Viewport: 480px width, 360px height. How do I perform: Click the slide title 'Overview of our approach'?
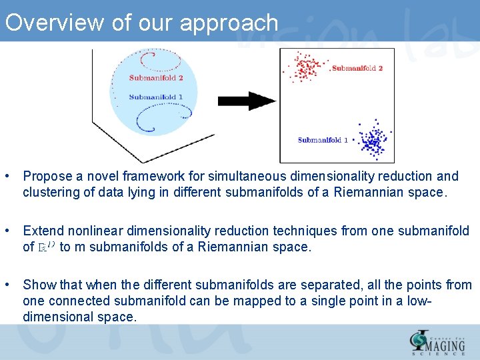click(x=141, y=23)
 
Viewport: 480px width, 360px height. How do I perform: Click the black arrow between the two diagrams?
click(x=247, y=101)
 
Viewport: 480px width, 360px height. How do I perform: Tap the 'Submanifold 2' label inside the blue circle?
click(x=156, y=78)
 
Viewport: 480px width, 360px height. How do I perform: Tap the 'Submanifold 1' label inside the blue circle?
click(x=156, y=97)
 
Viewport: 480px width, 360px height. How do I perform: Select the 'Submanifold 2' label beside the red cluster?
click(x=357, y=68)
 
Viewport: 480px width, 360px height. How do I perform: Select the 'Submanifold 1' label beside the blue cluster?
click(x=323, y=140)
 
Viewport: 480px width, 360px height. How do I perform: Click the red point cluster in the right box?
click(x=307, y=67)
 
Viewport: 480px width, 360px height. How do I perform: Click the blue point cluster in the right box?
click(x=371, y=140)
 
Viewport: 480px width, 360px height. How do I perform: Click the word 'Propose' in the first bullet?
click(x=47, y=177)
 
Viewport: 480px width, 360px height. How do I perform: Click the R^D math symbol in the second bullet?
click(x=47, y=247)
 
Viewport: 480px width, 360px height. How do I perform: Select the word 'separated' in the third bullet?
click(x=289, y=285)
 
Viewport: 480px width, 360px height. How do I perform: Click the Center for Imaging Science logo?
click(x=439, y=341)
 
